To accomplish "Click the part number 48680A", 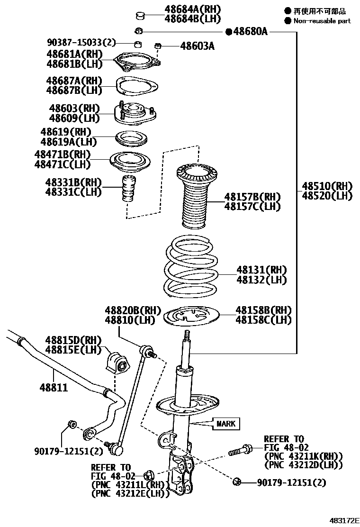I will pyautogui.click(x=251, y=32).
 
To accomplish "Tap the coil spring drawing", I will pyautogui.click(x=192, y=268).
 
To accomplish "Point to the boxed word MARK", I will pyautogui.click(x=226, y=423).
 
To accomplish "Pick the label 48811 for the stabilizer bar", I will pyautogui.click(x=54, y=388).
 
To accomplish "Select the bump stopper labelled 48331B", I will pyautogui.click(x=127, y=189).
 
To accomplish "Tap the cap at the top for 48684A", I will pyautogui.click(x=139, y=16).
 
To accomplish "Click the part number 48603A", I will pyautogui.click(x=198, y=46).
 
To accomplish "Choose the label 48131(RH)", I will pyautogui.click(x=262, y=270).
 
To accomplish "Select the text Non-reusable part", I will pyautogui.click(x=322, y=20).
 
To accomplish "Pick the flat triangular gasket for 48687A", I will pyautogui.click(x=137, y=87).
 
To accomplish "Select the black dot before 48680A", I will pyautogui.click(x=229, y=32).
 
